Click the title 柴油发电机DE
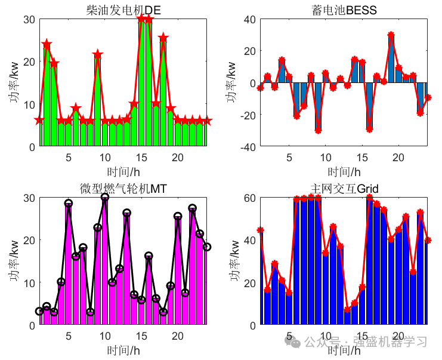click(123, 10)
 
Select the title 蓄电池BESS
click(344, 10)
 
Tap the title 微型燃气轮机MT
click(123, 189)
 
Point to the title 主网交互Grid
click(344, 189)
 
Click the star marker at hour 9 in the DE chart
click(98, 54)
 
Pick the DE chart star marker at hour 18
click(163, 38)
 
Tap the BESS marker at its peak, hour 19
click(391, 35)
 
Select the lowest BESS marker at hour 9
click(319, 130)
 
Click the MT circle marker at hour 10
click(105, 197)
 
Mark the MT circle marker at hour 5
click(69, 203)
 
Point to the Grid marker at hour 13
click(347, 309)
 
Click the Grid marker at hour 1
click(261, 230)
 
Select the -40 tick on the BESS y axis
click(248, 147)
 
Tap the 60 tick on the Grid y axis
click(250, 198)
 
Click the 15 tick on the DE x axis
click(141, 158)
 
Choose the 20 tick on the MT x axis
click(178, 336)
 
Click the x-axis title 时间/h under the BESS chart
click(344, 171)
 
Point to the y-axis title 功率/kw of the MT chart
click(14, 261)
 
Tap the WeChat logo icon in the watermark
click(292, 341)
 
